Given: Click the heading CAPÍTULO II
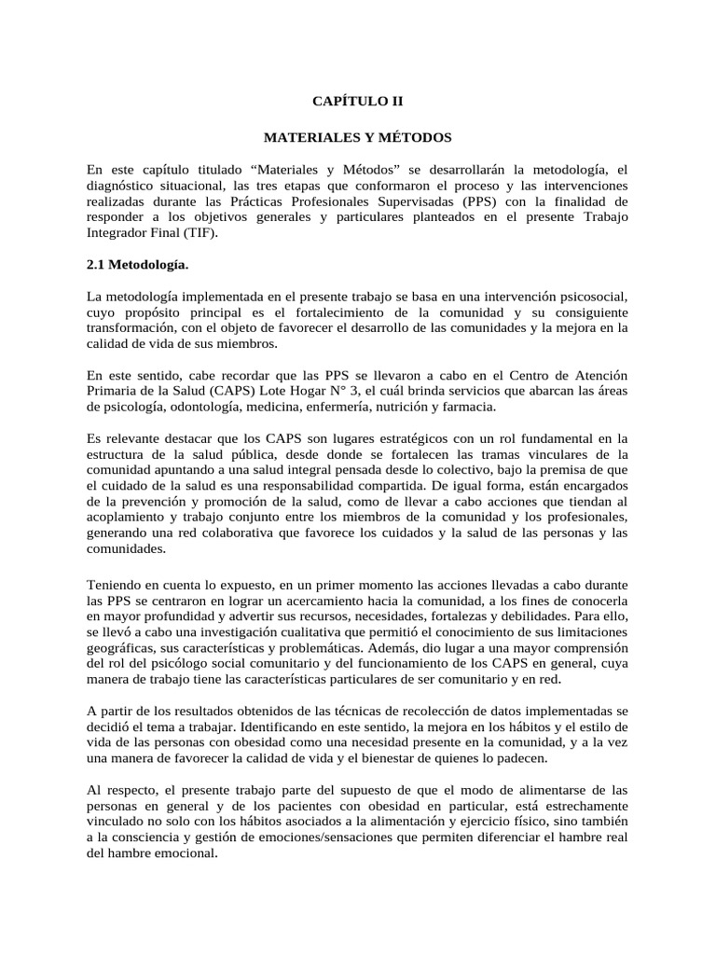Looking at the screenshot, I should pos(357,100).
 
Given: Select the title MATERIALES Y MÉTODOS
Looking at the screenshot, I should pos(357,137).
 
